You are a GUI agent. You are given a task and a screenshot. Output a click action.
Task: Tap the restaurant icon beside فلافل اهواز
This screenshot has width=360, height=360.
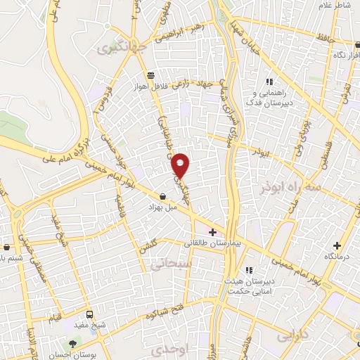click(150, 75)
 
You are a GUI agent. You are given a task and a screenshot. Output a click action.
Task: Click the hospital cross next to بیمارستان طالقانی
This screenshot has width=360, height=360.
click(212, 232)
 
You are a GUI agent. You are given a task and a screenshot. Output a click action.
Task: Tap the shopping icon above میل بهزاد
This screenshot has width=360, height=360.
click(163, 197)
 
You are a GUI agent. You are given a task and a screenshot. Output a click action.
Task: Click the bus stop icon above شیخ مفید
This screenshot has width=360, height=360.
click(89, 314)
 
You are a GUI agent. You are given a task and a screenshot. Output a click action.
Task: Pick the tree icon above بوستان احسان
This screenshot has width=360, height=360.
click(73, 343)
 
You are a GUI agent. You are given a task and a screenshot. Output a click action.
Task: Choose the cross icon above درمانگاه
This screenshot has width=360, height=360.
click(337, 246)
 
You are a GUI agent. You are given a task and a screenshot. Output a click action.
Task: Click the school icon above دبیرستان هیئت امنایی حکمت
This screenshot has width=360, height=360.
click(248, 270)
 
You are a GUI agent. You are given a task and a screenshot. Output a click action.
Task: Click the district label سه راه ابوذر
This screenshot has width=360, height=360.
click(291, 188)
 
